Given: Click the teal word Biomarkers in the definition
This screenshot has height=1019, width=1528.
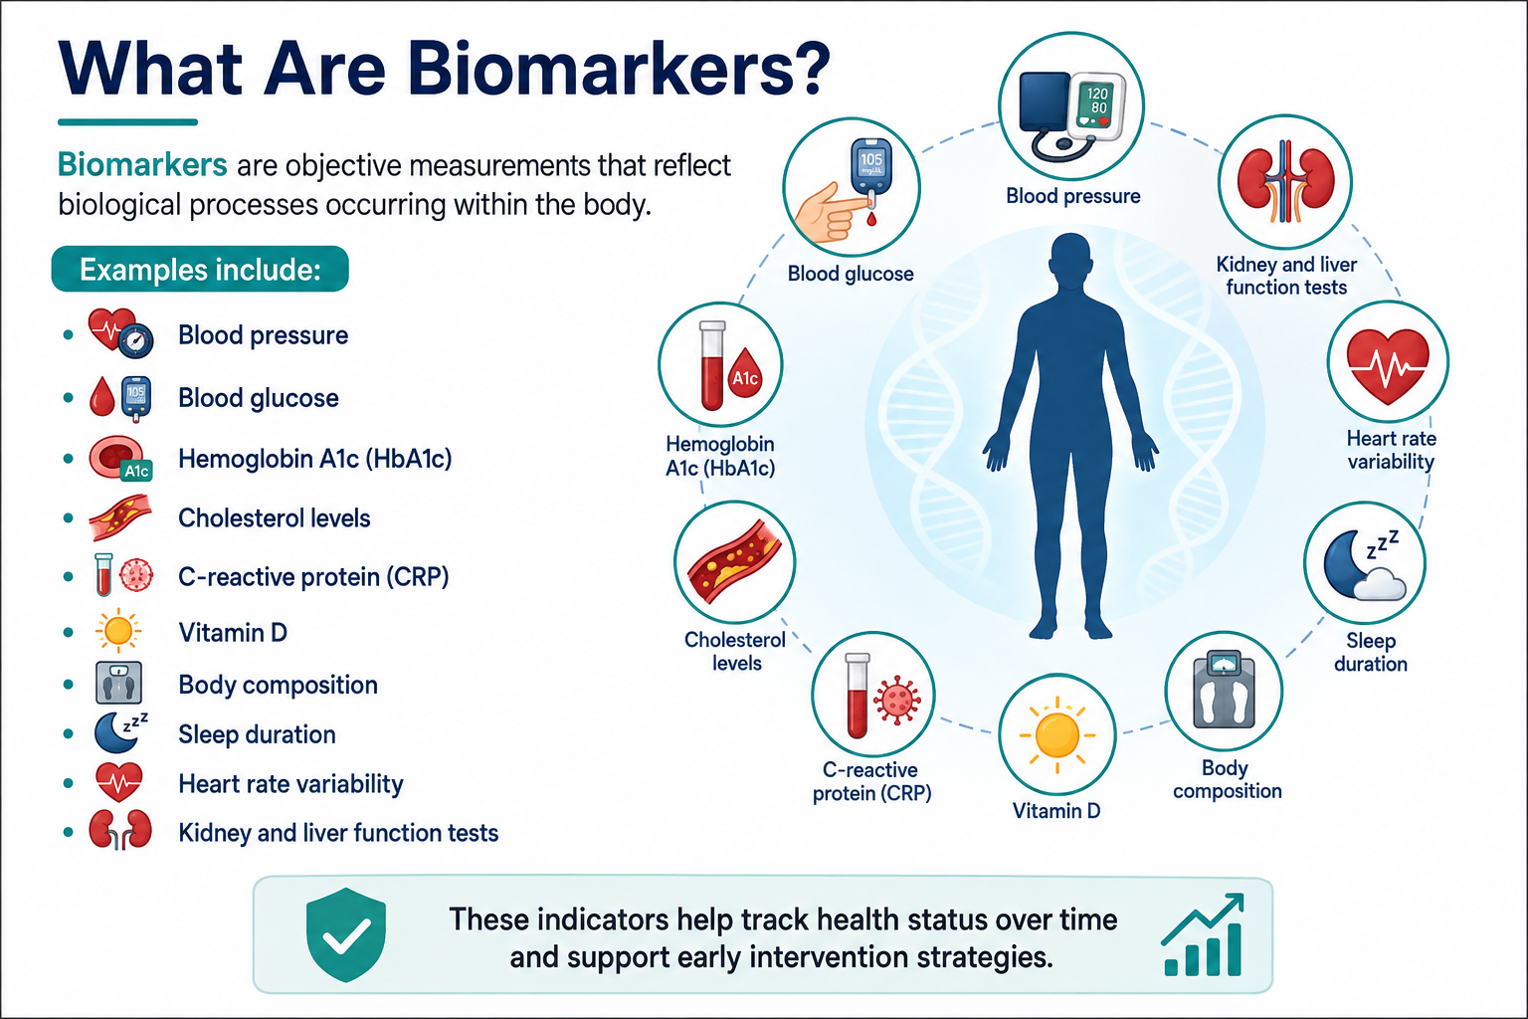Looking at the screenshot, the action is (x=142, y=165).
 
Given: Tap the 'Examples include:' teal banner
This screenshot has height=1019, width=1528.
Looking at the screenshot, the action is (x=200, y=269).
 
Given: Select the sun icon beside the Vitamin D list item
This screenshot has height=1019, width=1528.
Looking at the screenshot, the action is (x=118, y=630).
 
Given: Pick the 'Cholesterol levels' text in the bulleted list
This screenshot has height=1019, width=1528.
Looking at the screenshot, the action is (x=275, y=518).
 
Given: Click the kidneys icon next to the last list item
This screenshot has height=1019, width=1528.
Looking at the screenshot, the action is (x=120, y=829).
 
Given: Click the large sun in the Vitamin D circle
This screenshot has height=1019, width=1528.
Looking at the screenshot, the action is (x=1057, y=735).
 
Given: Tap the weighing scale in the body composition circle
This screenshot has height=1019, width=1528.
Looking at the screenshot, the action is (x=1224, y=690).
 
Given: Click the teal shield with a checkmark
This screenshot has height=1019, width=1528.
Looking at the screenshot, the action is (x=346, y=934).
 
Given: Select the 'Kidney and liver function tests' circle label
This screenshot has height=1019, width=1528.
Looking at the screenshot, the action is (x=1286, y=276).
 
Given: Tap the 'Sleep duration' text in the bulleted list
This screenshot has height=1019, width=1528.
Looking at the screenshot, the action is (x=258, y=734).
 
